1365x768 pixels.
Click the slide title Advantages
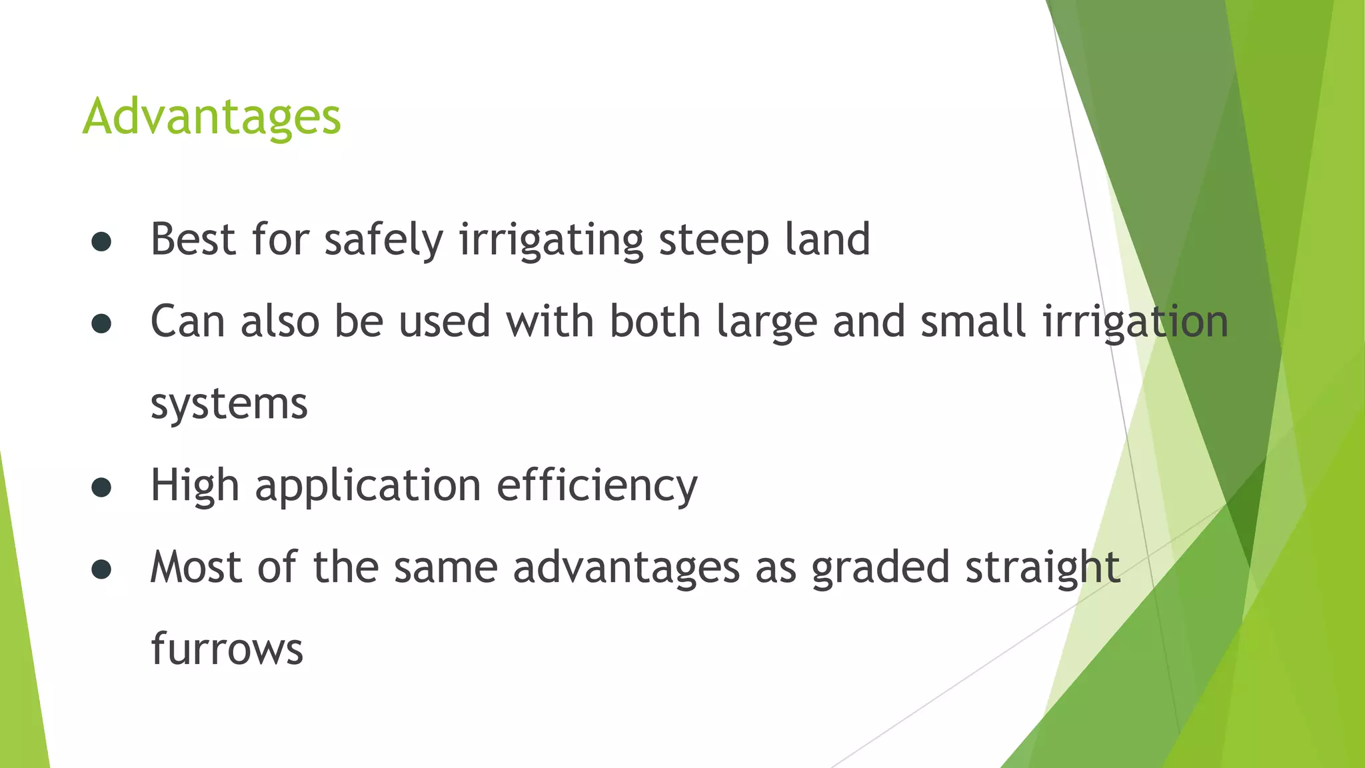211,117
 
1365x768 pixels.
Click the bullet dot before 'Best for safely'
101,242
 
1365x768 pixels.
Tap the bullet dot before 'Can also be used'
101,324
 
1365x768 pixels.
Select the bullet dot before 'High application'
101,488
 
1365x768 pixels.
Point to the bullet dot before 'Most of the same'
101,570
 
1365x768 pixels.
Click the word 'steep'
714,240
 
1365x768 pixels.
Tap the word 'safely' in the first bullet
383,240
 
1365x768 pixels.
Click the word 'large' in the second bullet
766,322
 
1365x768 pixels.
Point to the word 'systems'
229,404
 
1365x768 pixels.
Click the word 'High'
195,486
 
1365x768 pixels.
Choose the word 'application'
368,486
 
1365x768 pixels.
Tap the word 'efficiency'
597,486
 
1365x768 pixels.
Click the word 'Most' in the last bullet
196,567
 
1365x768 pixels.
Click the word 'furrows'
227,649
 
